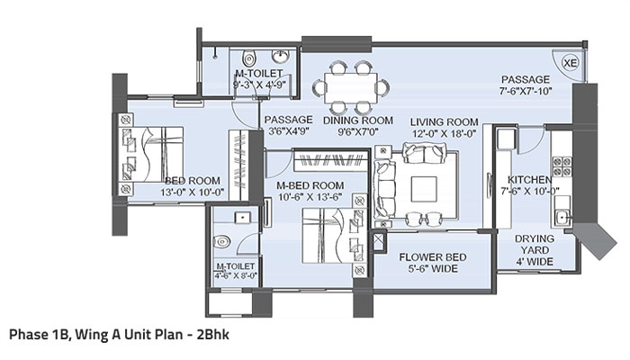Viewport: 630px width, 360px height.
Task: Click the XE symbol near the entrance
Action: pyautogui.click(x=569, y=62)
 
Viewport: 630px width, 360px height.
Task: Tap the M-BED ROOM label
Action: pyautogui.click(x=313, y=184)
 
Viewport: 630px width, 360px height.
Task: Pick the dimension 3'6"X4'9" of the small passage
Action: pyautogui.click(x=288, y=132)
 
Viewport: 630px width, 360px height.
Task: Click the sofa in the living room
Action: pyautogui.click(x=385, y=186)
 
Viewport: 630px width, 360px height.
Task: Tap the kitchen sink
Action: pyautogui.click(x=562, y=217)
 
